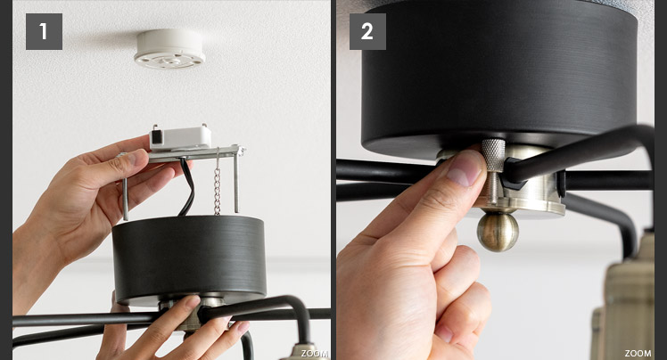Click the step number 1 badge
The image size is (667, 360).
point(44,31)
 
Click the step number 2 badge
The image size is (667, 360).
point(367,31)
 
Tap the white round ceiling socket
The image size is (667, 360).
point(169,48)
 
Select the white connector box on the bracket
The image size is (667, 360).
point(180,138)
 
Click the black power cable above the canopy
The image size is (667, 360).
point(187,186)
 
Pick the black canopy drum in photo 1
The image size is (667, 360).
point(189,259)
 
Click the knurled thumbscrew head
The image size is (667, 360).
point(493,155)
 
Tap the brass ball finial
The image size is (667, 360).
point(498,231)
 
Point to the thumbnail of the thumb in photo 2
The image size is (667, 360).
point(465,168)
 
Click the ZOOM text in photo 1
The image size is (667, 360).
point(315,354)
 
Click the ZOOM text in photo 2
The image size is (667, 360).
point(638,354)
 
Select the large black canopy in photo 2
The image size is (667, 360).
point(499,77)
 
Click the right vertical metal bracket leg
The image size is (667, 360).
point(236,184)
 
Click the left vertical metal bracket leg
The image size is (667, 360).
point(125,199)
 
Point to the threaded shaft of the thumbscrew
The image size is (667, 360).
point(492,187)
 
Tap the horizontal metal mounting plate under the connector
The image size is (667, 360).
point(194,153)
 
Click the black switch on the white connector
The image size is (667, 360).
point(157,136)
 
